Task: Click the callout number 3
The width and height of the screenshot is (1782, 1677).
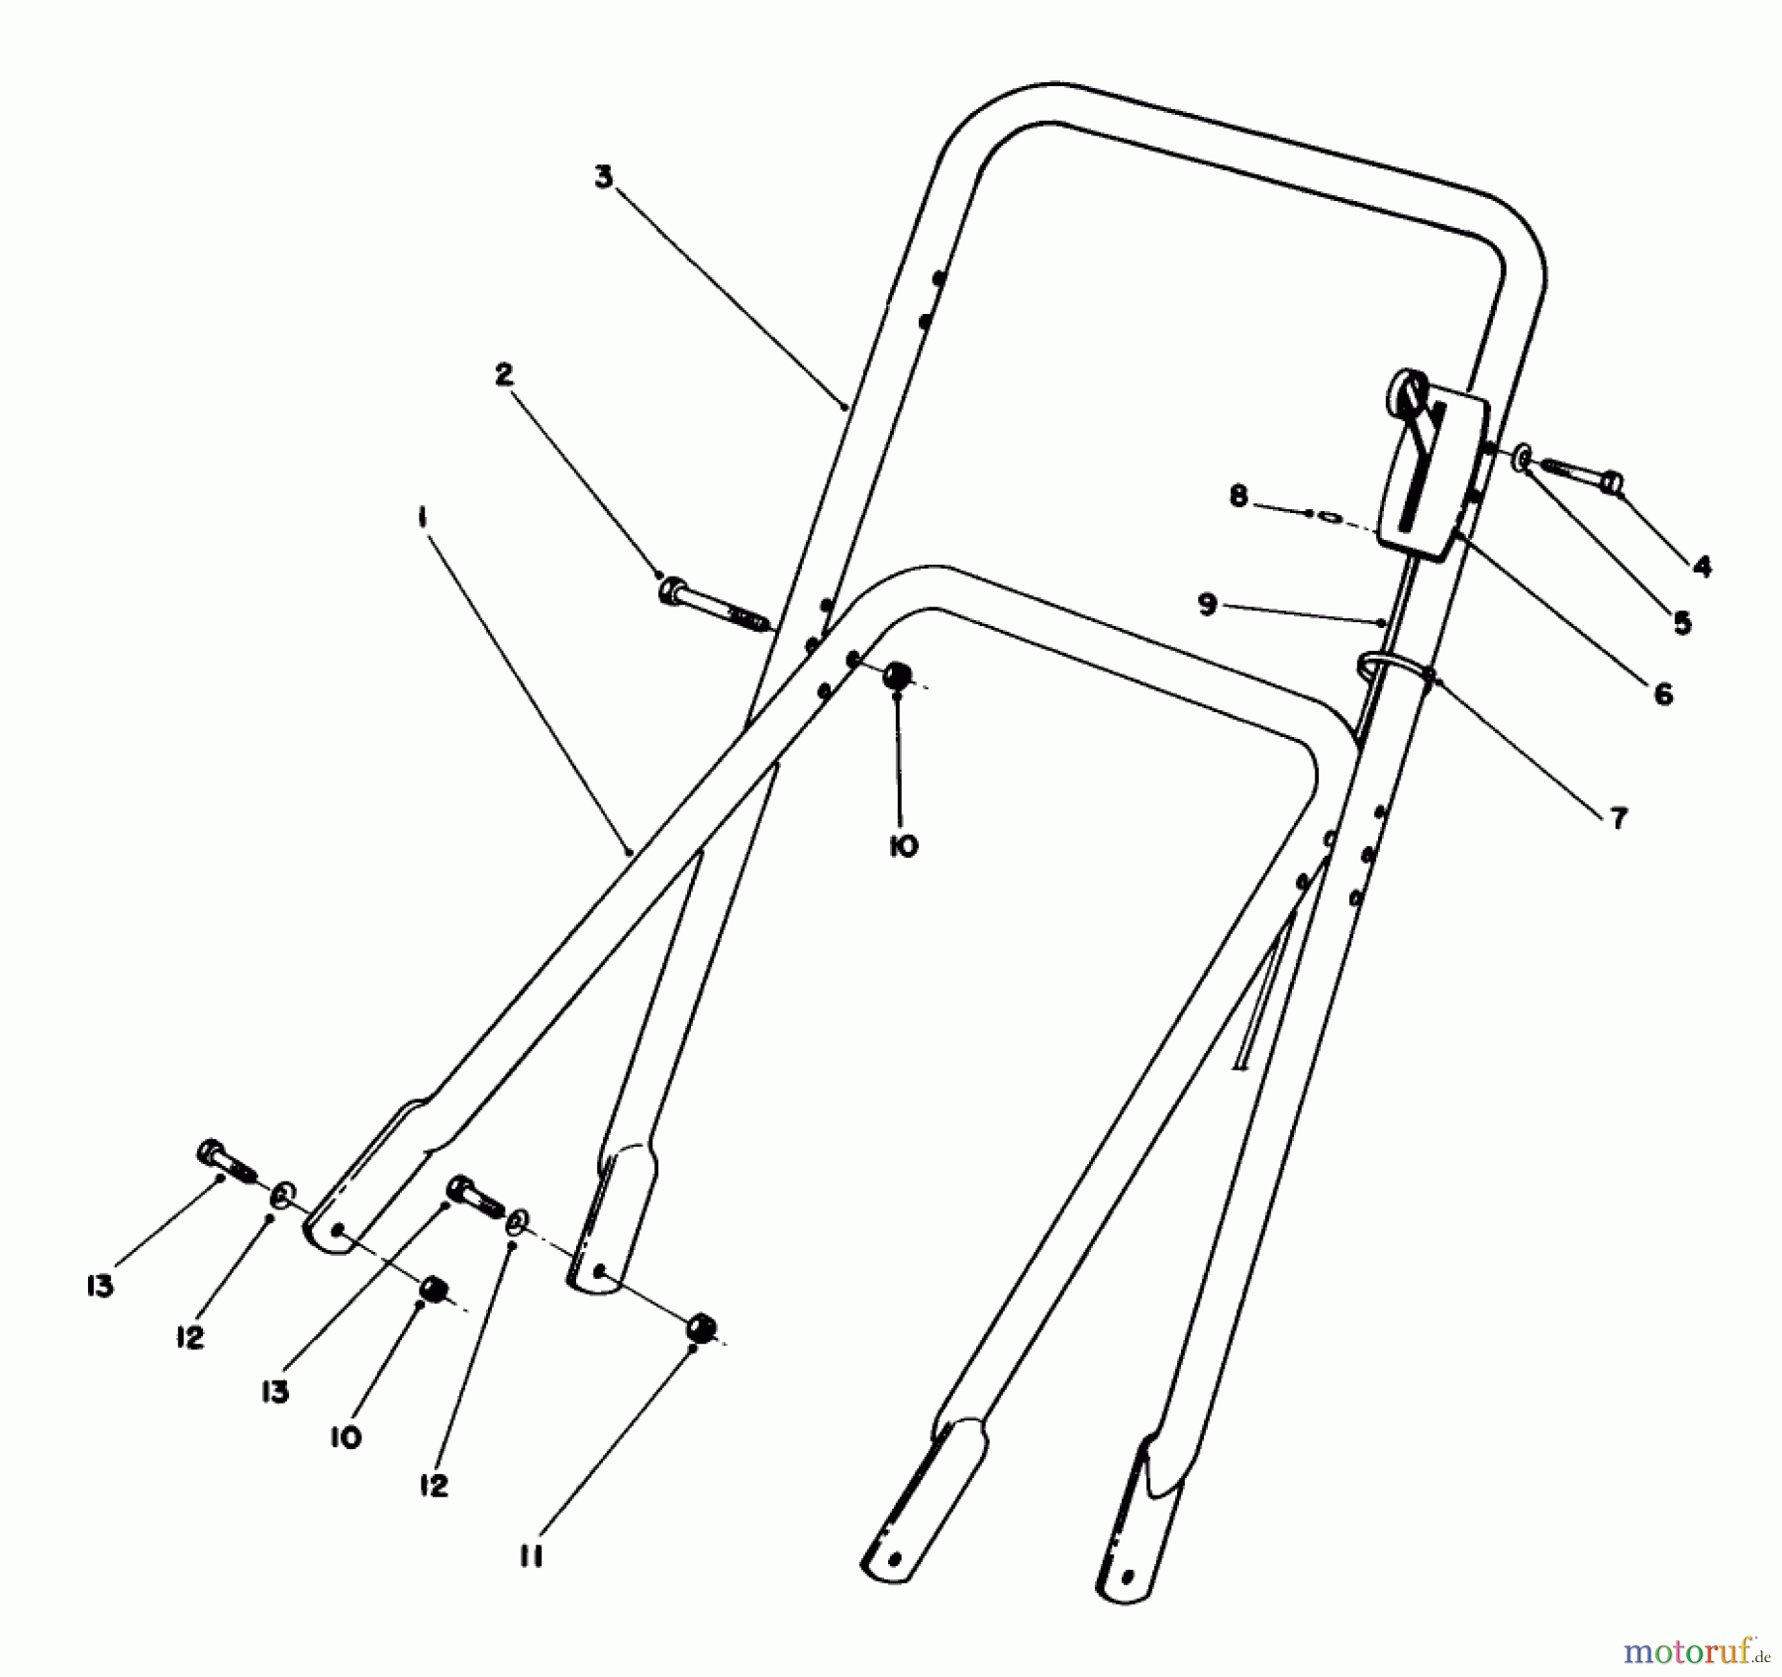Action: (604, 178)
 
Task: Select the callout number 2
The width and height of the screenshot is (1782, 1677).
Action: (505, 374)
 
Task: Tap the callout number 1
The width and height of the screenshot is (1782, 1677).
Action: (423, 515)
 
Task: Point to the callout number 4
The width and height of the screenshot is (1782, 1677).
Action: (1702, 566)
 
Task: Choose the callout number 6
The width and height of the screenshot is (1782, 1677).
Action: (1663, 693)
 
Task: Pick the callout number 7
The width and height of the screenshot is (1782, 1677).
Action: (1619, 818)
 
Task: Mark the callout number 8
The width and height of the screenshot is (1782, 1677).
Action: (1238, 495)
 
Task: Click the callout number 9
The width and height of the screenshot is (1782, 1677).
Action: (1207, 603)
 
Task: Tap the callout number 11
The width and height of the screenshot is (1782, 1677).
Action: (532, 1558)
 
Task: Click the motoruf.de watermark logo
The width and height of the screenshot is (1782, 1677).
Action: (1694, 1652)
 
